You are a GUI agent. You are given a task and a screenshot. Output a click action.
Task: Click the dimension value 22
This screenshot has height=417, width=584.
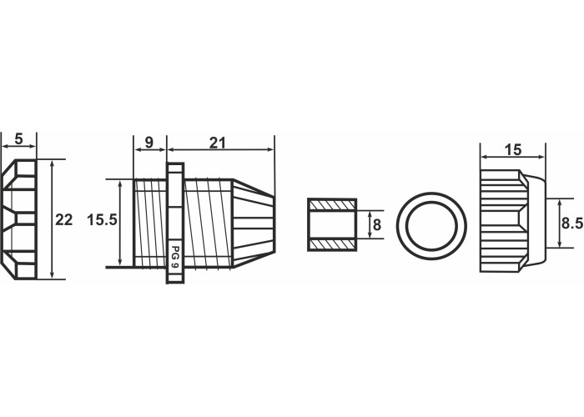[63, 220]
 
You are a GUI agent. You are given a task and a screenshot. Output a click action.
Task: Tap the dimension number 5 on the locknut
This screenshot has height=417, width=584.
[18, 139]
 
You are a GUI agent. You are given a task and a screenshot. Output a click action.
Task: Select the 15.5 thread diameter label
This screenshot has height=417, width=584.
[102, 220]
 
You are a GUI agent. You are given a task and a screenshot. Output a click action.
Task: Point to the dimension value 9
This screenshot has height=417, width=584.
[149, 143]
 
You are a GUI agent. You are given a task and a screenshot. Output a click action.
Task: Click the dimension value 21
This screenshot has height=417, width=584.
[218, 143]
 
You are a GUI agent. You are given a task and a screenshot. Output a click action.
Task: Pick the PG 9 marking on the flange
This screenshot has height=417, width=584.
[174, 257]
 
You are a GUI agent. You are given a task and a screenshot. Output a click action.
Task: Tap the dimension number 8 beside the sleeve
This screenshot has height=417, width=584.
[377, 225]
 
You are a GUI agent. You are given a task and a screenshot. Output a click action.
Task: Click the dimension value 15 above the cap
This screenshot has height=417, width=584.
[513, 150]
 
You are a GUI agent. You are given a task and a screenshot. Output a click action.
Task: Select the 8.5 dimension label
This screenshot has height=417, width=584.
[572, 224]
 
